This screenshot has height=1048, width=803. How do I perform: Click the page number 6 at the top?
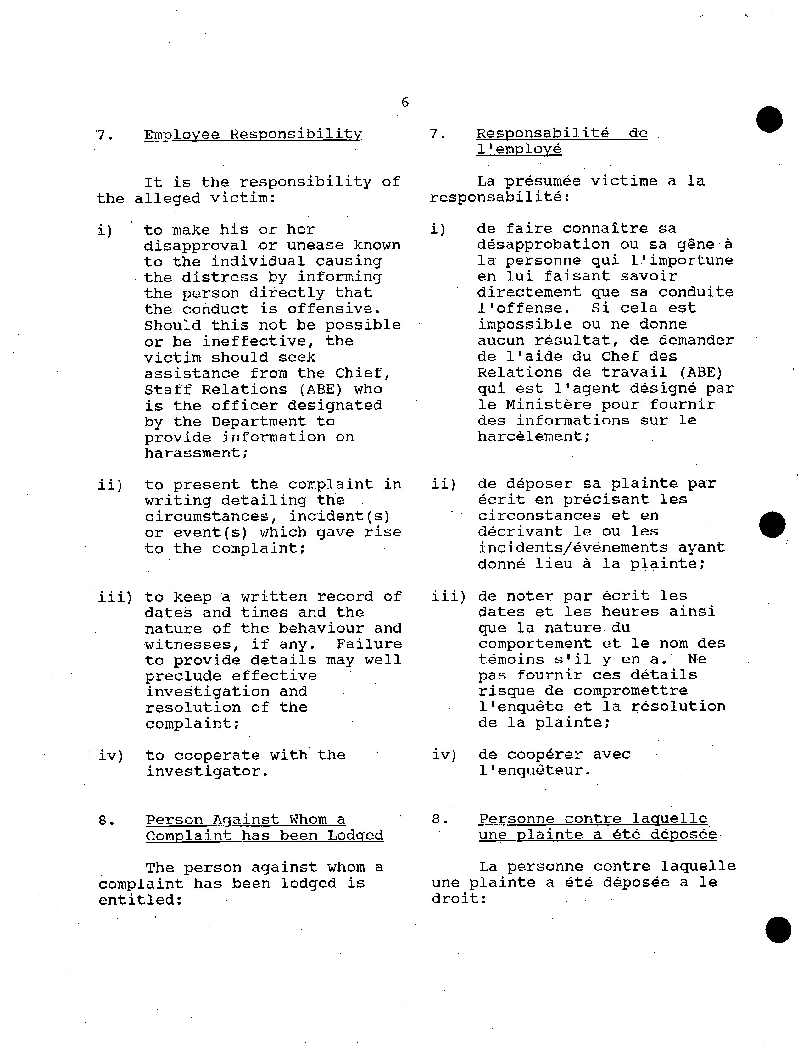405,102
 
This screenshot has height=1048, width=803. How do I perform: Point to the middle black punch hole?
772,524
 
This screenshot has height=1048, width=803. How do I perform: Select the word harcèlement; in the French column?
534,436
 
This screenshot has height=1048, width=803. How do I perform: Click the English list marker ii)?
110,485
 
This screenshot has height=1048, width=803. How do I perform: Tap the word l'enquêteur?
534,770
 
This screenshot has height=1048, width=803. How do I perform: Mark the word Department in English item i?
259,421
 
